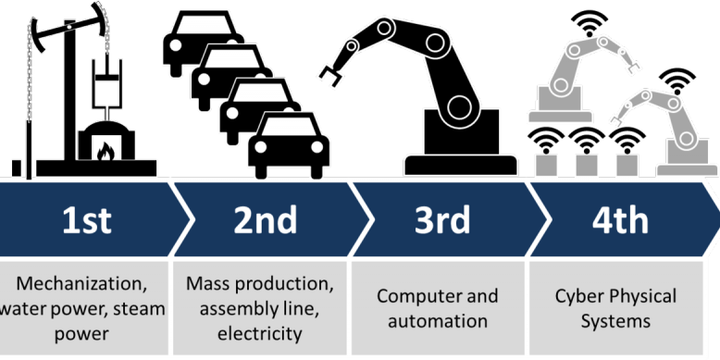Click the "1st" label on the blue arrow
pyautogui.click(x=87, y=220)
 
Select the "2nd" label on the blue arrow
pyautogui.click(x=265, y=220)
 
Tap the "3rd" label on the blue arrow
pyautogui.click(x=442, y=220)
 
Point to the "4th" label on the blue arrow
pyautogui.click(x=620, y=220)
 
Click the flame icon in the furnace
pyautogui.click(x=106, y=151)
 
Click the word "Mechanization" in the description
pyautogui.click(x=79, y=283)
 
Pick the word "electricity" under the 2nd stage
pyautogui.click(x=259, y=333)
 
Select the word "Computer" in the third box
pyautogui.click(x=415, y=296)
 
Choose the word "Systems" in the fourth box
pyautogui.click(x=615, y=321)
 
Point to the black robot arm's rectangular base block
pyautogui.click(x=461, y=132)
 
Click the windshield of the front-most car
pyautogui.click(x=289, y=126)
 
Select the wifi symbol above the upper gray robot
pyautogui.click(x=590, y=23)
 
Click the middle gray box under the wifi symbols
pyautogui.click(x=587, y=166)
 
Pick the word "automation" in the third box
pyautogui.click(x=438, y=321)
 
